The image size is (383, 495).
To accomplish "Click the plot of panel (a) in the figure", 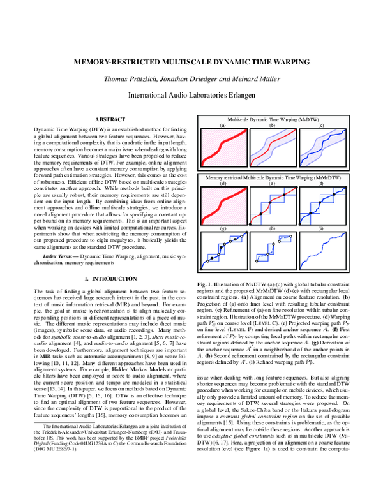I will point(223,148).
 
